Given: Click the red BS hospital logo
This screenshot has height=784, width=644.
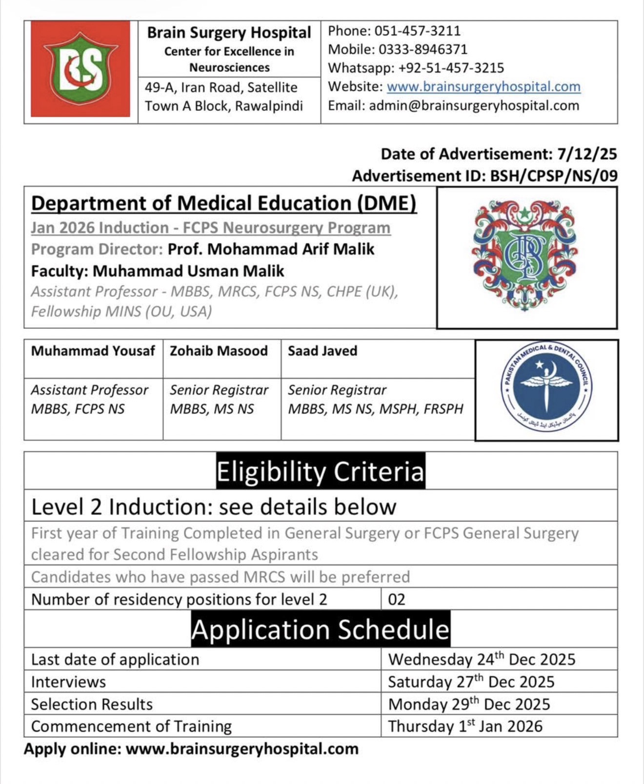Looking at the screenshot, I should tap(80, 69).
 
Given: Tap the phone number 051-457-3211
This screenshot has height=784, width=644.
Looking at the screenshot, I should tap(417, 31).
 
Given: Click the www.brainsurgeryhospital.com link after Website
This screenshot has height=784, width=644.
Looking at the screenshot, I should tap(483, 87).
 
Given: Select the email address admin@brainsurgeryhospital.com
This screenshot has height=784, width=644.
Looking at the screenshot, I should tap(474, 106).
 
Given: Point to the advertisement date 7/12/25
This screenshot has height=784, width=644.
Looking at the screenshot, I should tap(587, 154).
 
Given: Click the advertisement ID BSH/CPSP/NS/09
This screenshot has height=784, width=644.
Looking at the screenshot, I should tap(554, 176).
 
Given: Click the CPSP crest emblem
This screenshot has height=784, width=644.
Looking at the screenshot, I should tap(526, 257).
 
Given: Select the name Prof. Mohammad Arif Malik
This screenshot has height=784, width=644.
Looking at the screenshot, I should tap(271, 249).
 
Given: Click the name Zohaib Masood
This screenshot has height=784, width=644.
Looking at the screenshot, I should tap(219, 351).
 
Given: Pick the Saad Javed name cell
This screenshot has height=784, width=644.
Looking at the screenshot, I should tap(322, 351).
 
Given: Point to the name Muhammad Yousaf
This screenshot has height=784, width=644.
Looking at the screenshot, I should tap(93, 351).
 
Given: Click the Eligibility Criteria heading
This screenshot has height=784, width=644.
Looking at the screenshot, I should tap(321, 471).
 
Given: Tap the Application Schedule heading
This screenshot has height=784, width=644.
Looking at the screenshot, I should tap(321, 629).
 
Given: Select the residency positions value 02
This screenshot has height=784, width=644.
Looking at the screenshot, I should tap(397, 599).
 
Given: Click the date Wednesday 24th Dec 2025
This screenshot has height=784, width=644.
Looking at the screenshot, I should tap(482, 660).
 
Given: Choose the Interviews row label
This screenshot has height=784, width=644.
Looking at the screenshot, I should tap(68, 682).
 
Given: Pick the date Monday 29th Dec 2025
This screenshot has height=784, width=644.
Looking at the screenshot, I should tap(469, 704).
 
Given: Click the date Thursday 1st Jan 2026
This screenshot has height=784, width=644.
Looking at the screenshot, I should tap(465, 726).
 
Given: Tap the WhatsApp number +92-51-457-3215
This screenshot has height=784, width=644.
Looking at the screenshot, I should tap(451, 68).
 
